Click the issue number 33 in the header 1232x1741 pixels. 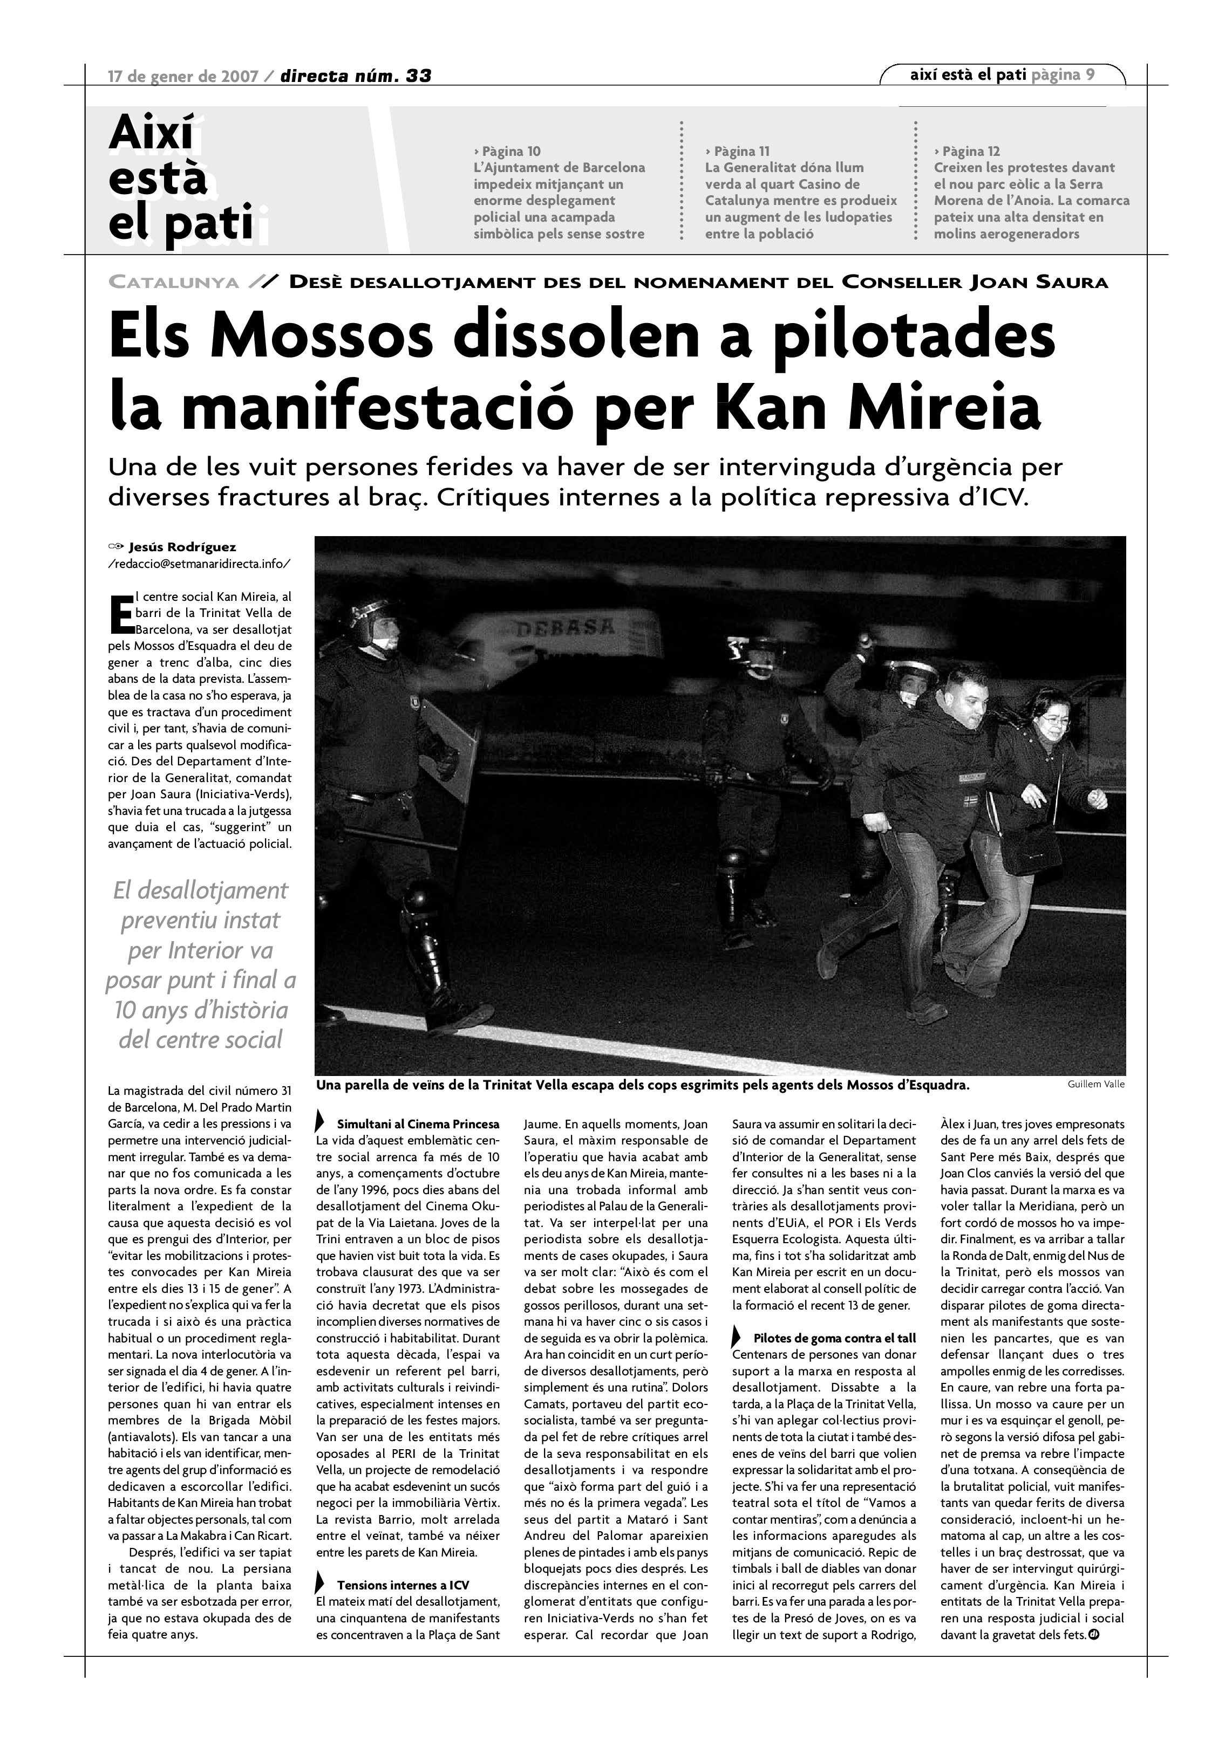click(419, 76)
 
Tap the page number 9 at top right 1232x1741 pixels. click(1090, 74)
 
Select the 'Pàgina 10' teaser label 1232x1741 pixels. click(507, 151)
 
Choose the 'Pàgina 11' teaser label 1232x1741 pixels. click(737, 151)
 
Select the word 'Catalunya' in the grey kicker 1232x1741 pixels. click(174, 283)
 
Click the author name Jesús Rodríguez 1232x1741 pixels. click(182, 547)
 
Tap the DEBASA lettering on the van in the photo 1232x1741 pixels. click(565, 628)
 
